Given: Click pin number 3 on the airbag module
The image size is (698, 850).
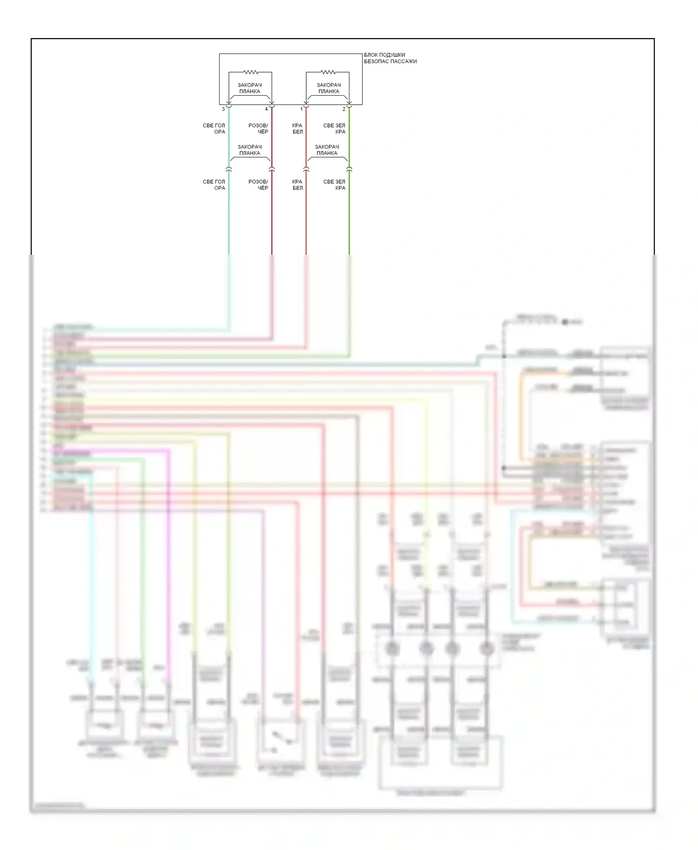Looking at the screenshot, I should pos(224,109).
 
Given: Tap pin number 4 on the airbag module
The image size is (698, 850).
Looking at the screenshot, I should pos(267,109).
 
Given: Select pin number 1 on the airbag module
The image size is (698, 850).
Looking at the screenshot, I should pos(302,109).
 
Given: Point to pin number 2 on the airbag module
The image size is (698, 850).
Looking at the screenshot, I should pos(344,109).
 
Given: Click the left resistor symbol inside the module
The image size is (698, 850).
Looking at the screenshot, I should pos(251,72).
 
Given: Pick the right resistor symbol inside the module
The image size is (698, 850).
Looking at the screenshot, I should pos(328,72).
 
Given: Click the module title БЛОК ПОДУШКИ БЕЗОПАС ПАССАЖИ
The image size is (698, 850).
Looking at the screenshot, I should pos(390,58).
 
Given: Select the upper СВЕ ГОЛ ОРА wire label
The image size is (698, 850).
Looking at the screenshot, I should pos(214,129).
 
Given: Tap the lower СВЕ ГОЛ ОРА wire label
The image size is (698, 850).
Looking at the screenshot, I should pos(214,185).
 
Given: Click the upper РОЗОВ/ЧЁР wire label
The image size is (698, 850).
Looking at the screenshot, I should pos(258,129).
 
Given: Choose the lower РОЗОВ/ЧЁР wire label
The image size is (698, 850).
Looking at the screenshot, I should pos(258,185).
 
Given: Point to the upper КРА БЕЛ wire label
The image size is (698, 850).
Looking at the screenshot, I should pos(297,129).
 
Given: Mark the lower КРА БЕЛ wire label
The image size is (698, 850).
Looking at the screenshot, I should pos(297,185).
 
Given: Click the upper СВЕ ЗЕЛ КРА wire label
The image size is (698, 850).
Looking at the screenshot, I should pos(335,129).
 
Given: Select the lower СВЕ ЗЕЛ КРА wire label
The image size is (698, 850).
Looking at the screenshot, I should pos(335,185).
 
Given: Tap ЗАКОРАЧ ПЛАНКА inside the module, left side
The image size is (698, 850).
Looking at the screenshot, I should pos(250,88).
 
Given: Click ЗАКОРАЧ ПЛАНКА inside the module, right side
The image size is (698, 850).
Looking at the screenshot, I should pos(329,88).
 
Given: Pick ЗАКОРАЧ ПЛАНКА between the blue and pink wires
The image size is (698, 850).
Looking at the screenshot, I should pos(250,150).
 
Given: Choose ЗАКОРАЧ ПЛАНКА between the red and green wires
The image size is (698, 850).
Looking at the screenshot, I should pos(327,150).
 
